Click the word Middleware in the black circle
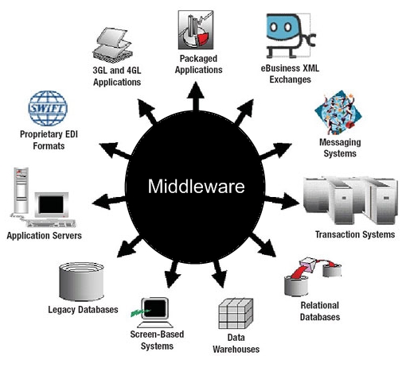[197, 187]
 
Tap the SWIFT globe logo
[49, 107]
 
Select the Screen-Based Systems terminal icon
[152, 307]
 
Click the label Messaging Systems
[338, 148]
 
